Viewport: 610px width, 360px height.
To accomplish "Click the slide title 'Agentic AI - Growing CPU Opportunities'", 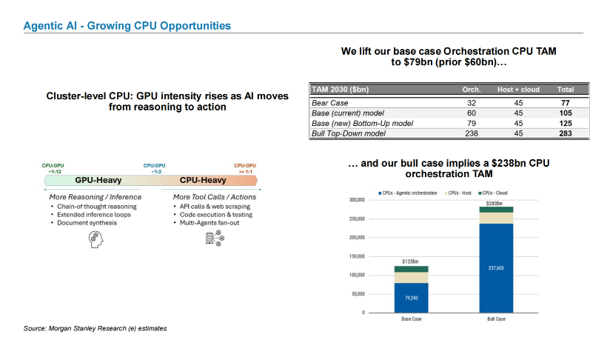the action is point(127,26).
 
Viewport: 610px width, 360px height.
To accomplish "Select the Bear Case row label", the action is point(330,103).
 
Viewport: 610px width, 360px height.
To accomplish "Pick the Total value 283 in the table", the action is point(566,133).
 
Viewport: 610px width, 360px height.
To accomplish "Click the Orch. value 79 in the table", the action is point(472,124).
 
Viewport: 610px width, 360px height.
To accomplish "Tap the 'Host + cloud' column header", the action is point(518,90).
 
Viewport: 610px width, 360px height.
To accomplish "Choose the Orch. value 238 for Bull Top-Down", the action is point(472,133).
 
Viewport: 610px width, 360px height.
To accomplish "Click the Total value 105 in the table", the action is point(566,113).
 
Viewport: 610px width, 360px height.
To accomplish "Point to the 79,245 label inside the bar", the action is point(411,298).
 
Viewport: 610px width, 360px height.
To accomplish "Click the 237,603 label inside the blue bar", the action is point(496,268).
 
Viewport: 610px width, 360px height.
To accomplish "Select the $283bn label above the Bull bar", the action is point(494,204).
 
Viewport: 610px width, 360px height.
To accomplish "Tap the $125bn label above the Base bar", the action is point(410,261).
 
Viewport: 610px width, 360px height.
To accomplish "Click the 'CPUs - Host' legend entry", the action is point(458,193).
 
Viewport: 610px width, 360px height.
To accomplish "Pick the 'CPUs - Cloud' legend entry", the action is point(493,193).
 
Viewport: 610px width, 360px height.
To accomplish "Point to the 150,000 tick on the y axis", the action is point(358,256).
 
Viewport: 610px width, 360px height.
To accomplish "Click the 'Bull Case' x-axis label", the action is point(497,319).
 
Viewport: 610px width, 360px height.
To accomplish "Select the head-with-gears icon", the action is point(95,239).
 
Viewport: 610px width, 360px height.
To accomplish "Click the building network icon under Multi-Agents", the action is point(215,239).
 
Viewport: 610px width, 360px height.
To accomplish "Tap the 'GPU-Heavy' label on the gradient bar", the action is point(98,180).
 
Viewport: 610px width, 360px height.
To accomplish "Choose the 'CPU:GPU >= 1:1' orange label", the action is point(245,169).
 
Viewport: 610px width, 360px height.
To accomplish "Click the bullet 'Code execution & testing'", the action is point(216,214).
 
